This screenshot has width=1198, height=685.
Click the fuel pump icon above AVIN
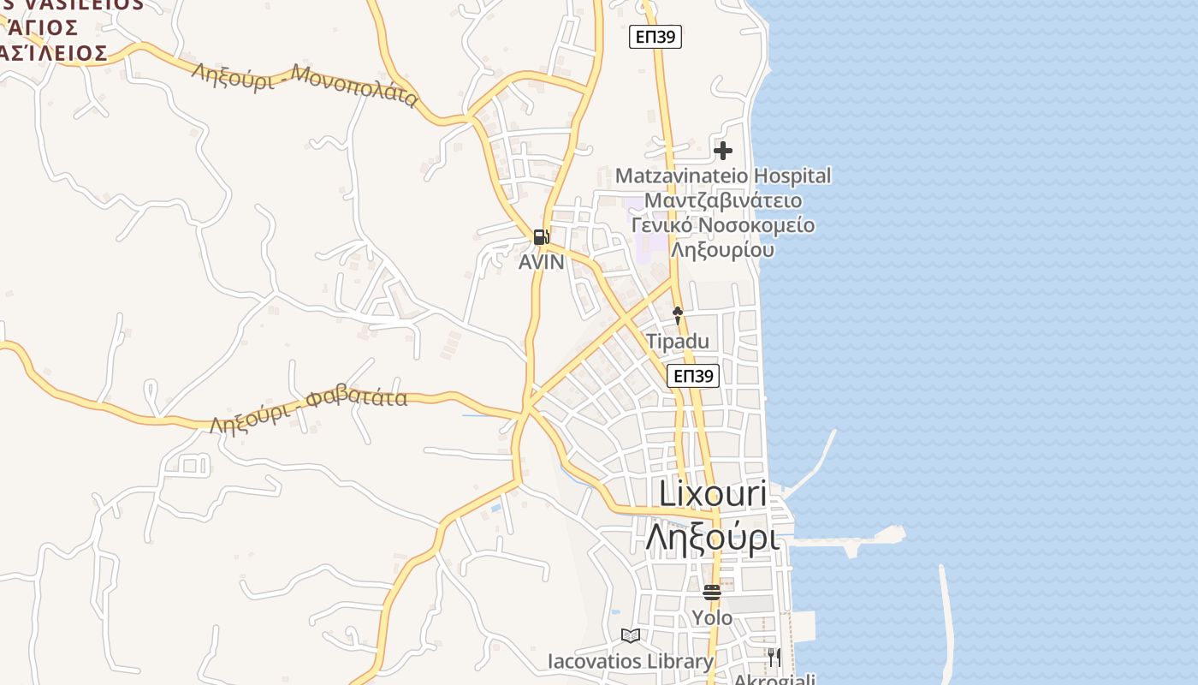pyautogui.click(x=541, y=237)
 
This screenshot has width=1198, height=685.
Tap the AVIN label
pyautogui.click(x=542, y=262)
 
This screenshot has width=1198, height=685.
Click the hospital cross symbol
pyautogui.click(x=723, y=152)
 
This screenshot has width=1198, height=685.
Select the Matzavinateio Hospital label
pyautogui.click(x=723, y=176)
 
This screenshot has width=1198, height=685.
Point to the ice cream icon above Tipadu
pyautogui.click(x=678, y=315)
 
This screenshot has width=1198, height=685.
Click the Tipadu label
pyautogui.click(x=678, y=342)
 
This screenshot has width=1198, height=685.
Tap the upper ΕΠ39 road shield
pyautogui.click(x=655, y=37)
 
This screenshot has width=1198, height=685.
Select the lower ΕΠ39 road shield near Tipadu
pyautogui.click(x=693, y=376)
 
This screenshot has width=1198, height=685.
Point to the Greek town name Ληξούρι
pyautogui.click(x=712, y=538)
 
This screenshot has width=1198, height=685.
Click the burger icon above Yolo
pyautogui.click(x=712, y=592)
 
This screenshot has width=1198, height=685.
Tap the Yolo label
pyautogui.click(x=712, y=617)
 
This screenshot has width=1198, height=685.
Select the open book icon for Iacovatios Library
pyautogui.click(x=631, y=635)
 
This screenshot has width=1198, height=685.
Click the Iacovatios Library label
pyautogui.click(x=631, y=661)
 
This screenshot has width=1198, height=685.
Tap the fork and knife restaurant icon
pyautogui.click(x=774, y=658)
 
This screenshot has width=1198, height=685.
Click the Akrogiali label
pyautogui.click(x=774, y=679)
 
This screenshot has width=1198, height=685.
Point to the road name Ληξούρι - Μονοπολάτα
pyautogui.click(x=305, y=84)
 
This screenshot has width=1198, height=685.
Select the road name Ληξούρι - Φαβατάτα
pyautogui.click(x=309, y=411)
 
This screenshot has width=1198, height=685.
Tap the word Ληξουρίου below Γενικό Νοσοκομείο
pyautogui.click(x=723, y=250)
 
